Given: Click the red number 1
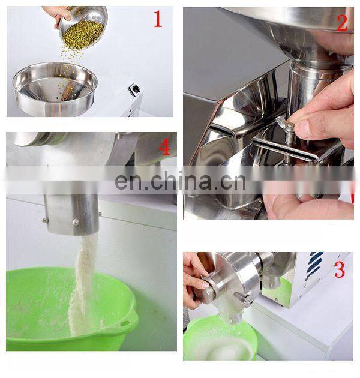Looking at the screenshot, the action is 158,19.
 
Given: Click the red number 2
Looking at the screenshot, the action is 342,23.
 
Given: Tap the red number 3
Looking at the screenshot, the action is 340,270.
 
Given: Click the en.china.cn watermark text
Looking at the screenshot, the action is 181,181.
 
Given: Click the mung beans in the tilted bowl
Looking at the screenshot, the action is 83,34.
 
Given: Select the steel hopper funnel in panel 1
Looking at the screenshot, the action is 55,89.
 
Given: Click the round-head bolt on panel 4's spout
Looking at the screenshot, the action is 76,222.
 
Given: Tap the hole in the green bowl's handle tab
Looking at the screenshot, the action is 125,323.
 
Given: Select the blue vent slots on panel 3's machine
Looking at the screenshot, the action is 314,265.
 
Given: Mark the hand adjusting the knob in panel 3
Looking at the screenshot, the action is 194,280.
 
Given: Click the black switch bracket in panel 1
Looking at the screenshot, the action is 134,89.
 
